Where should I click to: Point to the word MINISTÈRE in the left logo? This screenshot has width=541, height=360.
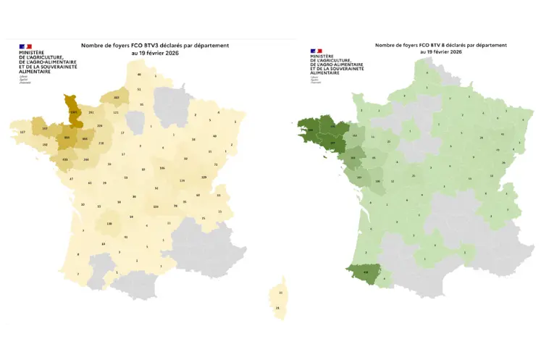tap(33, 53)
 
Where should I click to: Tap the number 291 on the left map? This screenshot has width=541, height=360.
tap(91, 113)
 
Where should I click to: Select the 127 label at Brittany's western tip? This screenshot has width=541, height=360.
tap(22, 132)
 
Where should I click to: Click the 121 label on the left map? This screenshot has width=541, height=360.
tap(115, 113)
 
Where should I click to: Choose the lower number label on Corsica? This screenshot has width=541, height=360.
tap(278, 308)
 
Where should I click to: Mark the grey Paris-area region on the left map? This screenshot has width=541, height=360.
tap(135, 120)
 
